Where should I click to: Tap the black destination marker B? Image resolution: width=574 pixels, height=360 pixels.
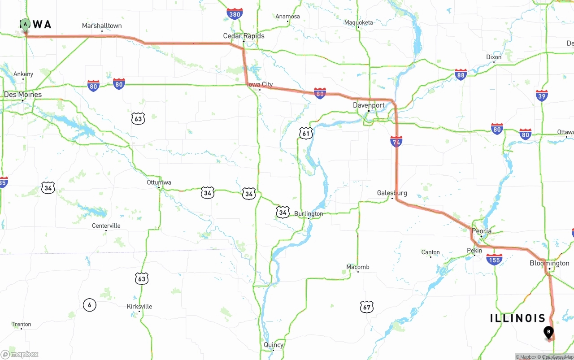click(548, 333)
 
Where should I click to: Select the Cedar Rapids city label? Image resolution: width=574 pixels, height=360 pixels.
click(244, 36)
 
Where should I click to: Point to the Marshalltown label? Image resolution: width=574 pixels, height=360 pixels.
click(102, 26)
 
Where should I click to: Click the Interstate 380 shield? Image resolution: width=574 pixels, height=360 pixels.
click(235, 14)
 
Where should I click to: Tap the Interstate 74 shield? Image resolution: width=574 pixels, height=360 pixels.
click(396, 142)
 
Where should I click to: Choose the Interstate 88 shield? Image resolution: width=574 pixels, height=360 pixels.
click(461, 75)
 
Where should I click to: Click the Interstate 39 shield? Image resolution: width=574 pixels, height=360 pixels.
click(542, 95)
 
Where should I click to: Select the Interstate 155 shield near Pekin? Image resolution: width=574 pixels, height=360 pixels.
click(494, 260)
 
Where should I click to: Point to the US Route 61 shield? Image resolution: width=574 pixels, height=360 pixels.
click(306, 133)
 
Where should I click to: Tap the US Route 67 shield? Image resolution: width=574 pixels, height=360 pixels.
click(366, 307)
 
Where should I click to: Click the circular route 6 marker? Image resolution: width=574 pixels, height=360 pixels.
click(89, 305)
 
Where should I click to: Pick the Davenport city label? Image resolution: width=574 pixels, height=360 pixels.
click(369, 105)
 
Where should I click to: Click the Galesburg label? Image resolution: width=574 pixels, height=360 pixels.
click(392, 193)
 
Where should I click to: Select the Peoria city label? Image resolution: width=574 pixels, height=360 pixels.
click(482, 231)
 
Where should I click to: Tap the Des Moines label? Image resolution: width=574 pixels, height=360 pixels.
click(23, 95)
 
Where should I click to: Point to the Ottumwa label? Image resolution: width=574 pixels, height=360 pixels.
click(159, 182)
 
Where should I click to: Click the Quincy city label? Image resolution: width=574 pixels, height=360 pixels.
click(274, 345)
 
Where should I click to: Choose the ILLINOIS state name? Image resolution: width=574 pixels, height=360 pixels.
click(517, 318)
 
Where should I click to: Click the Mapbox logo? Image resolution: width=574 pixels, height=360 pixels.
click(20, 355)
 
